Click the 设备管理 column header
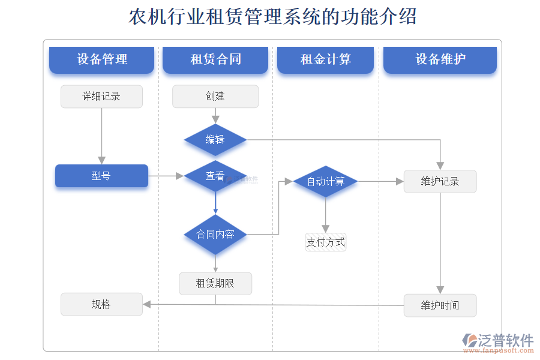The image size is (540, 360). pos(101,59)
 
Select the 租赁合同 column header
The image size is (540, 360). pos(215,59)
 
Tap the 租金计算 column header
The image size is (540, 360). pos(325,59)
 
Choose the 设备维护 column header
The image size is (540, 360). pos(440,59)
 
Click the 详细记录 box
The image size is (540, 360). pos(101,97)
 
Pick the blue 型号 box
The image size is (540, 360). pos(101,176)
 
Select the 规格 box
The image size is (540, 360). pos(101,304)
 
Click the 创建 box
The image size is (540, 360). pos(215,97)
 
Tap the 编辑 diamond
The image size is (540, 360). pos(215,140)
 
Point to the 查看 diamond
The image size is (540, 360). pos(215,176)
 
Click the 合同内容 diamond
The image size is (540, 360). pos(215,234)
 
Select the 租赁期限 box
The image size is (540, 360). pos(215,284)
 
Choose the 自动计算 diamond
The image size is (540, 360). pos(325,181)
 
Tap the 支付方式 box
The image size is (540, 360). pos(325,242)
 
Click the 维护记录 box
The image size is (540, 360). pos(440,181)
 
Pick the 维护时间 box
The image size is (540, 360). pos(440,305)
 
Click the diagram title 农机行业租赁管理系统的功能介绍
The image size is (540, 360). pos(273,17)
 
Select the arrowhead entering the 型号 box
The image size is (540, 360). pos(101,160)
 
